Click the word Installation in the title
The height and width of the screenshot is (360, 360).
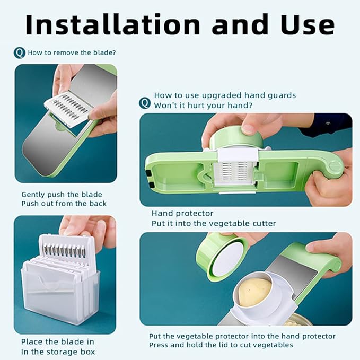[113, 24]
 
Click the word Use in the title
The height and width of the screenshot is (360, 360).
[307, 25]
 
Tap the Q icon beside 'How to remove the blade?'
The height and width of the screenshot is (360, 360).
[20, 53]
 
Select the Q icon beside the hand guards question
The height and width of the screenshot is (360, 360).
[145, 103]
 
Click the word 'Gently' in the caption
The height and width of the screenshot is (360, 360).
[33, 195]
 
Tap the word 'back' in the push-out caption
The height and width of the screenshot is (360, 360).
[98, 204]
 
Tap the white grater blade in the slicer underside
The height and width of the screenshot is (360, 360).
[233, 173]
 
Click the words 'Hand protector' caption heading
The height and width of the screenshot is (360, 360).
[182, 213]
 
